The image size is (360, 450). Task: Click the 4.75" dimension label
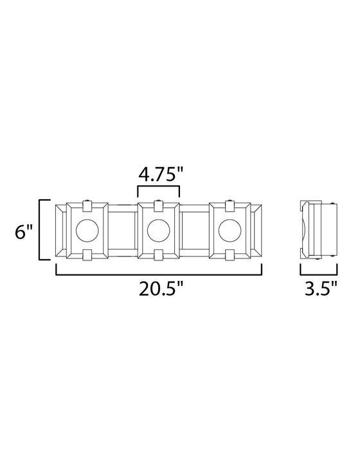tap(158, 175)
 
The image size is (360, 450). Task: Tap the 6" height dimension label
tap(24, 232)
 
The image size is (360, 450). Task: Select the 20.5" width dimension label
tap(158, 289)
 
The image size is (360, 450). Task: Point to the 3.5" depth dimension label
tap(319, 289)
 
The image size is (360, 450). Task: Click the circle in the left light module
tap(86, 230)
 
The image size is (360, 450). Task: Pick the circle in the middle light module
tap(158, 230)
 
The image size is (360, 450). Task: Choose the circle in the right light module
tap(230, 230)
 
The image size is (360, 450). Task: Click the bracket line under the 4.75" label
tap(158, 187)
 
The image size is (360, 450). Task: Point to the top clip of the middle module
tap(158, 205)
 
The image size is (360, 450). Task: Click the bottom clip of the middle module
tap(158, 255)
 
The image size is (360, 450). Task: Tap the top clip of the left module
tap(86, 205)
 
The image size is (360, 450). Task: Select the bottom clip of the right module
tap(230, 255)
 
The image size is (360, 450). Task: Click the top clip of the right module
tap(230, 205)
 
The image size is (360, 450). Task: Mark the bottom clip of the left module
tap(86, 255)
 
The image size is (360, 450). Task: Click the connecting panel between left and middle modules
tap(122, 230)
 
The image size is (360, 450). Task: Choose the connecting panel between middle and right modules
tap(194, 230)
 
